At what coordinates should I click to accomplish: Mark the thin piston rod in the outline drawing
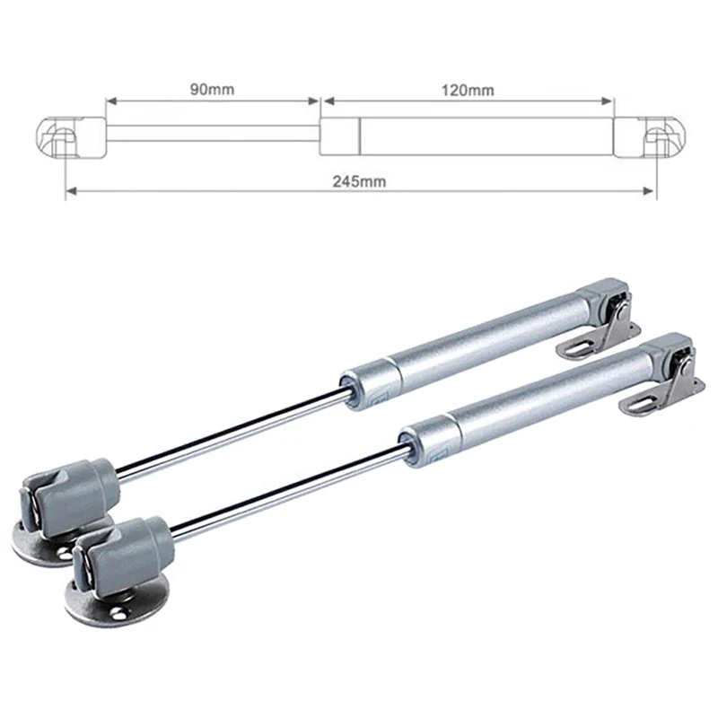click(x=212, y=134)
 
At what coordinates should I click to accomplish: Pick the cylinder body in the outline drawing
click(x=485, y=134)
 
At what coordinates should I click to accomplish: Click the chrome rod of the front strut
click(x=287, y=488)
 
